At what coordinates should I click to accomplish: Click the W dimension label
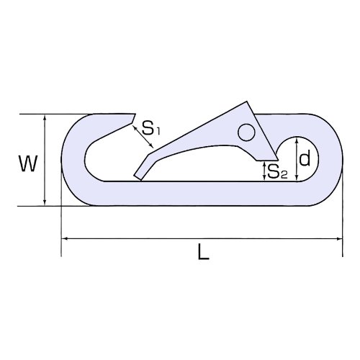click(28, 163)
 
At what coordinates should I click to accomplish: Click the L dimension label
click(204, 251)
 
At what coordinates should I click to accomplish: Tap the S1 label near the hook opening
click(150, 128)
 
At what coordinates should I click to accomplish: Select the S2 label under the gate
click(277, 171)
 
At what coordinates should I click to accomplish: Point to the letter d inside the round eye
click(305, 158)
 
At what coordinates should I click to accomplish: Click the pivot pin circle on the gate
click(246, 132)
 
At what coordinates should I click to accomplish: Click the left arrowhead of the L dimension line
click(64, 238)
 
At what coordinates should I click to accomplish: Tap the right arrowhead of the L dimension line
click(339, 238)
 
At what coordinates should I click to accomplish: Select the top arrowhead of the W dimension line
click(45, 117)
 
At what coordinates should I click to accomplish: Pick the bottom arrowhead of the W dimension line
click(45, 203)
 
